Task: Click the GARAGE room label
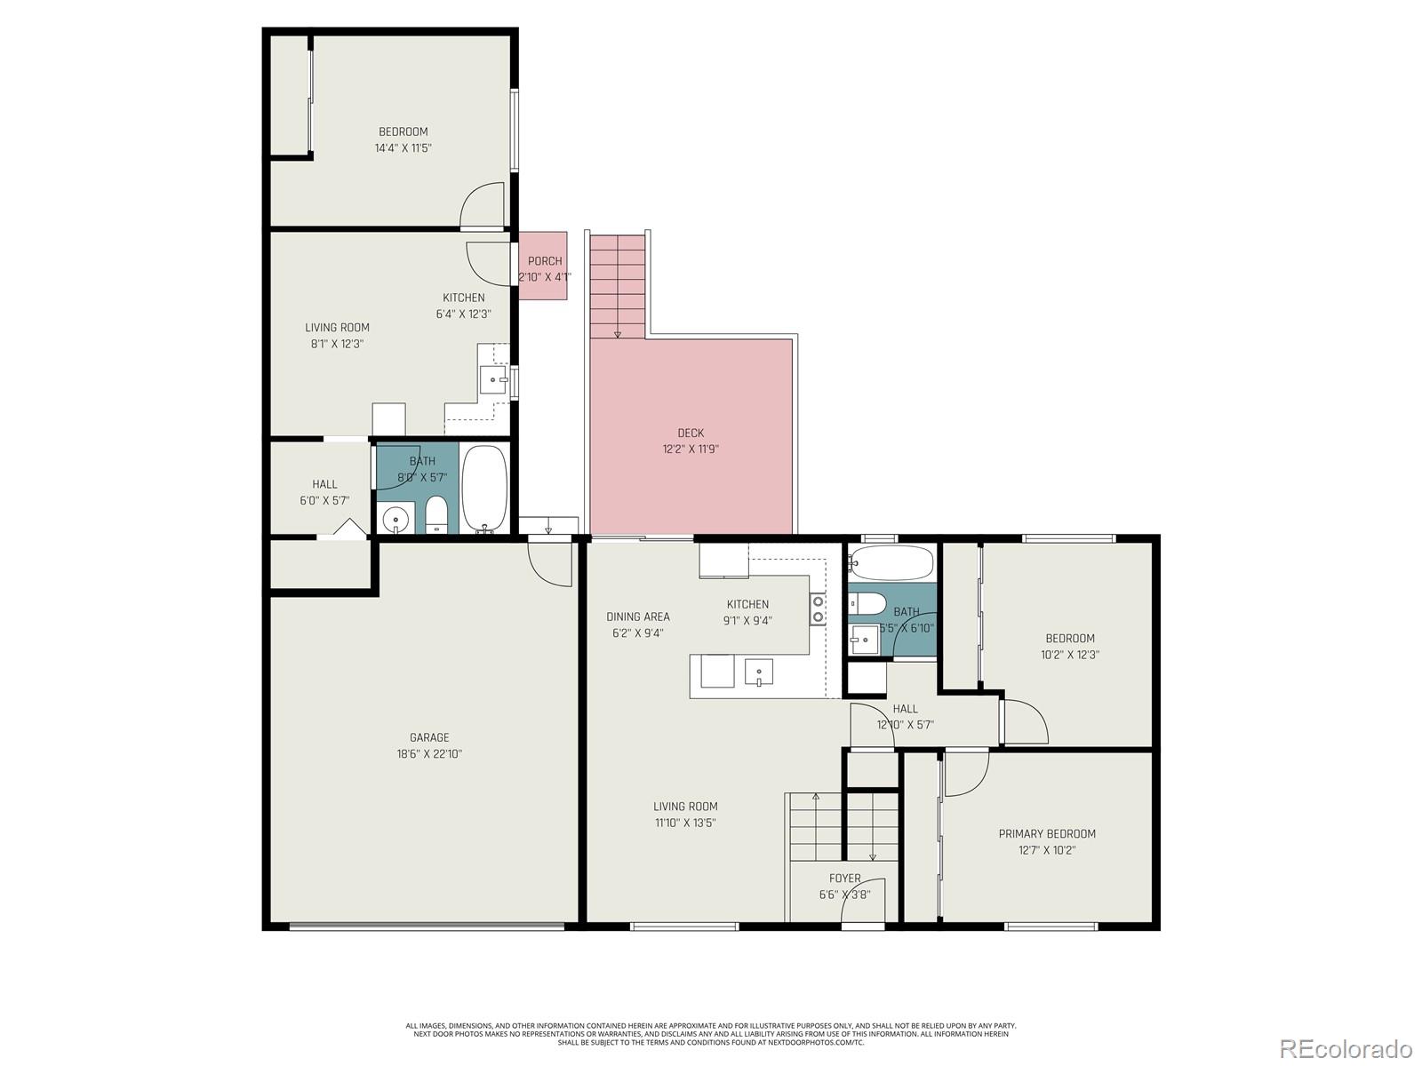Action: point(429,737)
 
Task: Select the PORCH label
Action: point(544,261)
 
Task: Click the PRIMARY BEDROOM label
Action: point(1047,834)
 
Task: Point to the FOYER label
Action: point(844,879)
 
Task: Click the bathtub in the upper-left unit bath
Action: point(484,489)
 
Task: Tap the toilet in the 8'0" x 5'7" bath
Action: point(435,515)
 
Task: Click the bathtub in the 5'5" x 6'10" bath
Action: point(891,562)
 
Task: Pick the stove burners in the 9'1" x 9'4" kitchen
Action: point(818,609)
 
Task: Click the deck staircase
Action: point(618,286)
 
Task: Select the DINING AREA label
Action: point(638,617)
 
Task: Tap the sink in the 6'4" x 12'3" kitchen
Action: point(492,380)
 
